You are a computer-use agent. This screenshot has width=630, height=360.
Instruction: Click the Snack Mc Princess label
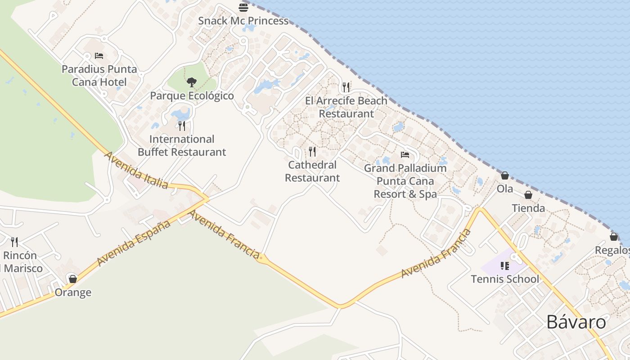click(x=243, y=21)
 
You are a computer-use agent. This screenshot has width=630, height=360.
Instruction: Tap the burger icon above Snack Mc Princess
click(x=243, y=7)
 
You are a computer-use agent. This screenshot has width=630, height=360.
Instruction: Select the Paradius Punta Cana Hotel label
click(x=99, y=76)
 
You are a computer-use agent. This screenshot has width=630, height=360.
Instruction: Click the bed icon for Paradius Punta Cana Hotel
click(x=99, y=56)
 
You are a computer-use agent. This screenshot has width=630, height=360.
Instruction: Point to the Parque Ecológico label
click(x=192, y=96)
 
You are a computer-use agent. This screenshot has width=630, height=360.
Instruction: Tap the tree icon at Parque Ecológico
click(x=192, y=82)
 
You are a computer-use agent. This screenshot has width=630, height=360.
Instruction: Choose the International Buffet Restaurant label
click(x=182, y=145)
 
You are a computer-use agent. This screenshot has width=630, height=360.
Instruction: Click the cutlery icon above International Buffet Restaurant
click(x=182, y=126)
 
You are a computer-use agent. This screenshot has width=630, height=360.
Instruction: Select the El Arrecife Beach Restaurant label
click(x=346, y=107)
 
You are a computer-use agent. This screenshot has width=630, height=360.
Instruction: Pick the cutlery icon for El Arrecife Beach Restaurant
click(x=346, y=87)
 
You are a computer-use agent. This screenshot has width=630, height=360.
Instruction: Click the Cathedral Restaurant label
click(x=312, y=171)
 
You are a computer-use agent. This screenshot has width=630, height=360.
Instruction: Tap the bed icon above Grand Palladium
click(x=405, y=155)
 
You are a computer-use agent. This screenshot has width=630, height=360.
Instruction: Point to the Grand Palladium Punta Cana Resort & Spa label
click(x=405, y=181)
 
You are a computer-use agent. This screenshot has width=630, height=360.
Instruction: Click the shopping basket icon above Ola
click(x=505, y=175)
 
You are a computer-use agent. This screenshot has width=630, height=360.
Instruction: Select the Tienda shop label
click(x=528, y=208)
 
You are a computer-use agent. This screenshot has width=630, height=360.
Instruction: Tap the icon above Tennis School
click(x=505, y=266)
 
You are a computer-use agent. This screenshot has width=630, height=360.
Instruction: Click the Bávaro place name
click(x=576, y=322)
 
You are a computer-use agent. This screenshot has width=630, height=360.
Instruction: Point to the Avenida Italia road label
click(x=136, y=170)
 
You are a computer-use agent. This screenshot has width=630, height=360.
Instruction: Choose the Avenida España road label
click(x=134, y=243)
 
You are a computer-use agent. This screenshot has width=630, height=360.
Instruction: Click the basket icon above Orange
click(x=73, y=279)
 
